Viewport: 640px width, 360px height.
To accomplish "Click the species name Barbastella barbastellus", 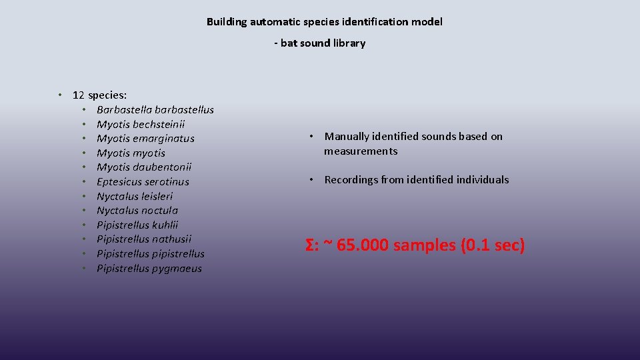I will pyautogui.click(x=155, y=109).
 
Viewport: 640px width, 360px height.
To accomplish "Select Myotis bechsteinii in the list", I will pyautogui.click(x=141, y=124).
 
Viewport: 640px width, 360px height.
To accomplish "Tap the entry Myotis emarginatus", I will pyautogui.click(x=145, y=139).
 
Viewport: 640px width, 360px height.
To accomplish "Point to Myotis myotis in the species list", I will pyautogui.click(x=131, y=153).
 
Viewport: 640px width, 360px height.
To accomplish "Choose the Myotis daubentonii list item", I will pyautogui.click(x=144, y=167).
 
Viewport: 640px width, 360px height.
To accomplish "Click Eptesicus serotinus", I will pyautogui.click(x=143, y=181).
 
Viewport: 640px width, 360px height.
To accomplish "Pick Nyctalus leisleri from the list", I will pyautogui.click(x=135, y=196).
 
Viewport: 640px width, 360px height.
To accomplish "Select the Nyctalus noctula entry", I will pyautogui.click(x=137, y=211).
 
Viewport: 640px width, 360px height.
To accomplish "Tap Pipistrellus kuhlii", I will pyautogui.click(x=137, y=225).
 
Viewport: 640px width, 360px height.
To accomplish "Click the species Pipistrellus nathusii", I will pyautogui.click(x=144, y=239).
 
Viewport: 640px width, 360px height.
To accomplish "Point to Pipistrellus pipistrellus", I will pyautogui.click(x=151, y=254).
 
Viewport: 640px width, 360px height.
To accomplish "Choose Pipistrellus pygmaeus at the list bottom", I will pyautogui.click(x=149, y=269).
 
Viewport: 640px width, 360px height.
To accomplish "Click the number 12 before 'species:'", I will pyautogui.click(x=79, y=95).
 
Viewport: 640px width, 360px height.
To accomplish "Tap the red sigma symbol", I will pyautogui.click(x=310, y=245).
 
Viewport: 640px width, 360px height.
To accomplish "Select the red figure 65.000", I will pyautogui.click(x=363, y=245).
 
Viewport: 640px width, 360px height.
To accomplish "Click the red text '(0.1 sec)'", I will pyautogui.click(x=493, y=245).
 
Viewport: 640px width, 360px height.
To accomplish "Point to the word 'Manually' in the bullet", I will pyautogui.click(x=347, y=137).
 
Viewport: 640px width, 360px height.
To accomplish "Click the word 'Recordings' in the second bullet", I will pyautogui.click(x=351, y=179).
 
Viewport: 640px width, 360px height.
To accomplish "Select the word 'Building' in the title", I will pyautogui.click(x=227, y=22).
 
